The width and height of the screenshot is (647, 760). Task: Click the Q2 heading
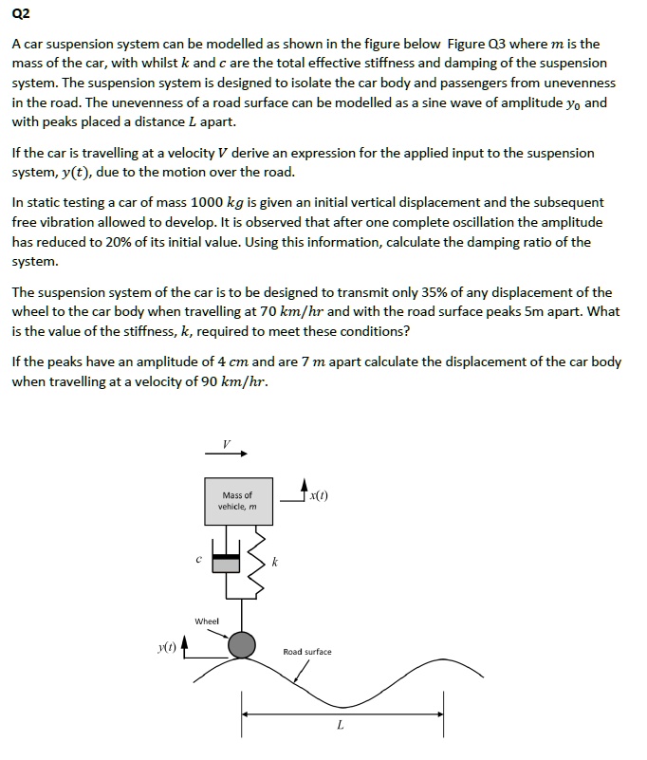tap(22, 14)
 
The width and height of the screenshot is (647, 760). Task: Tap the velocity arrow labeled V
tap(226, 454)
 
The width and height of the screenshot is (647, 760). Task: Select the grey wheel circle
tap(243, 645)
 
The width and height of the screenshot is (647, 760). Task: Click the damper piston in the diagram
tap(226, 563)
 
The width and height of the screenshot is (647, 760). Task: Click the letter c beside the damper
tap(197, 559)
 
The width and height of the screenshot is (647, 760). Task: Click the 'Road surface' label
tap(307, 652)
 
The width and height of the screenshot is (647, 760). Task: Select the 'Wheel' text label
tap(207, 621)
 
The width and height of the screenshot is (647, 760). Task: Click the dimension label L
tap(341, 727)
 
